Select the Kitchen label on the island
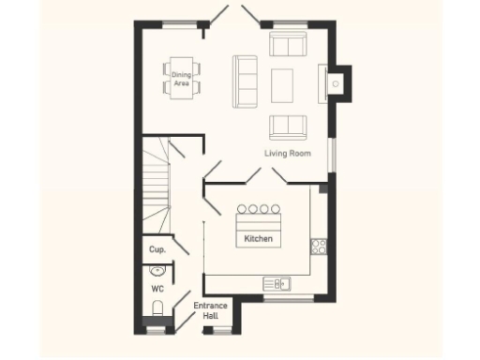(x=258, y=240)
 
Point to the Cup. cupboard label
(x=157, y=250)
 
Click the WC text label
(x=157, y=289)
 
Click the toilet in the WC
(x=157, y=309)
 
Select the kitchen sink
(x=277, y=283)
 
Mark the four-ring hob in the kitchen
(x=319, y=247)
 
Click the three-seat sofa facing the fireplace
(x=247, y=81)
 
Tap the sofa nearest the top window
(x=287, y=44)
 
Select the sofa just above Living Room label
(x=286, y=126)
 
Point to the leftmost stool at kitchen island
(x=241, y=209)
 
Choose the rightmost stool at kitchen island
(x=276, y=209)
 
